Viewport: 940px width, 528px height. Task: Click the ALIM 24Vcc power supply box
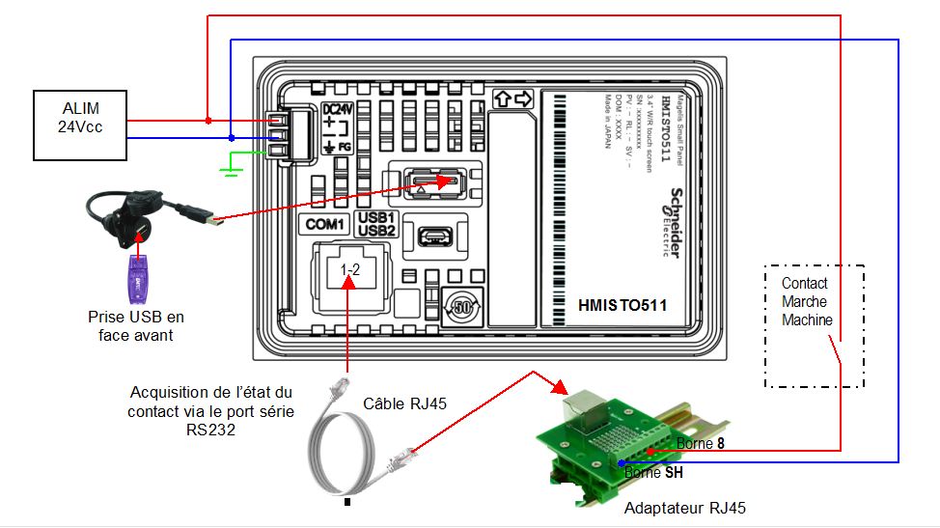[80, 125]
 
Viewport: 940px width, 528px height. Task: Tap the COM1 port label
[324, 225]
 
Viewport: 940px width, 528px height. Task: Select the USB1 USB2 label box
[375, 223]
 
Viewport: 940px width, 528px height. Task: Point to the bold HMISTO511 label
[622, 306]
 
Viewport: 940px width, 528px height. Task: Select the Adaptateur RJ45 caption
[684, 508]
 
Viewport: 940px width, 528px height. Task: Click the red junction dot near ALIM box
[208, 121]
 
